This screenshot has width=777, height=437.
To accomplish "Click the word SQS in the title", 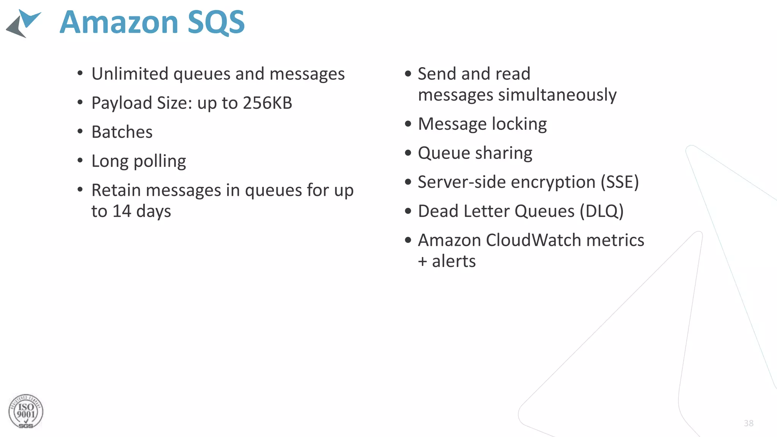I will point(216,22).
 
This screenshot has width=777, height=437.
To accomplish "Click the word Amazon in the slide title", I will point(119,22).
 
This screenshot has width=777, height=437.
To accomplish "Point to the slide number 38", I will point(749,423).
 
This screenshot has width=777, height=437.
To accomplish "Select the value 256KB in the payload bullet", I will point(267,103).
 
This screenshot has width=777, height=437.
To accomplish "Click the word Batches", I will point(122,132).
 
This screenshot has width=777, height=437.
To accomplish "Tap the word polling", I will point(160,162).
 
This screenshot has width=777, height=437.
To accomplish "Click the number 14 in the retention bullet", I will point(122,211).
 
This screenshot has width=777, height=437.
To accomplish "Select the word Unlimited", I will point(130,74).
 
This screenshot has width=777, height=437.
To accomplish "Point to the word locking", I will point(519,124).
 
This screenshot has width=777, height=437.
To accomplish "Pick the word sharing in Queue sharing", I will point(504,153).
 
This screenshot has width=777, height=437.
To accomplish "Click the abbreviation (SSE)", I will point(620,182).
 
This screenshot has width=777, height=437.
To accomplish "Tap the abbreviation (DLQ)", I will point(602,211).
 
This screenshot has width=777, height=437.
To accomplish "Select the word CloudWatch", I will point(533,240).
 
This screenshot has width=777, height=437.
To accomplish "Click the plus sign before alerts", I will point(423,262).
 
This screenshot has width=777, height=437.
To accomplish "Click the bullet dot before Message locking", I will point(408,124).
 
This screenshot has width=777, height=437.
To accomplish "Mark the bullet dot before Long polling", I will point(80,161).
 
